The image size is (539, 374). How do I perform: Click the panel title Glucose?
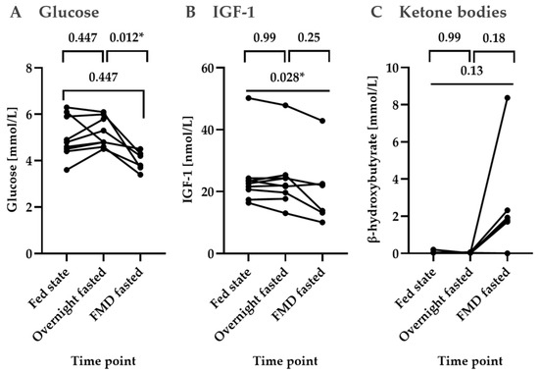click(69, 13)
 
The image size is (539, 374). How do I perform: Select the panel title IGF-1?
click(233, 13)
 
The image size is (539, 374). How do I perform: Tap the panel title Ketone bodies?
click(453, 13)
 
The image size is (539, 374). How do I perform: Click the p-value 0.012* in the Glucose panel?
click(126, 37)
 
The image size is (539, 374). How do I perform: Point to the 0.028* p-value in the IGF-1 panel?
click(287, 78)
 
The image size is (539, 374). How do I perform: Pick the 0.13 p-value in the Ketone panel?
click(471, 71)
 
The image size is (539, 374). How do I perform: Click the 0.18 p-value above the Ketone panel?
click(494, 37)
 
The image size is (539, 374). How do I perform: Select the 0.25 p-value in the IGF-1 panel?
click(309, 37)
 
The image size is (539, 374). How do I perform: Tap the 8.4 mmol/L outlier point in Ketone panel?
click(507, 98)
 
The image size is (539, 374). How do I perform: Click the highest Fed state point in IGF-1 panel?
click(249, 98)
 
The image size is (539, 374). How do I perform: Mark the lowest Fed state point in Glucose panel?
click(67, 170)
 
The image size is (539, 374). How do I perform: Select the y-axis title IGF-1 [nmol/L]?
click(189, 159)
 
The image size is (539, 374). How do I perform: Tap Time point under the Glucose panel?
click(103, 361)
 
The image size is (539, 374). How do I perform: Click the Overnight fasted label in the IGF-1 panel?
click(251, 304)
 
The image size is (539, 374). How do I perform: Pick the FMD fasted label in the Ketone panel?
click(482, 294)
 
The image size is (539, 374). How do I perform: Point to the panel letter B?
click(190, 13)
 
